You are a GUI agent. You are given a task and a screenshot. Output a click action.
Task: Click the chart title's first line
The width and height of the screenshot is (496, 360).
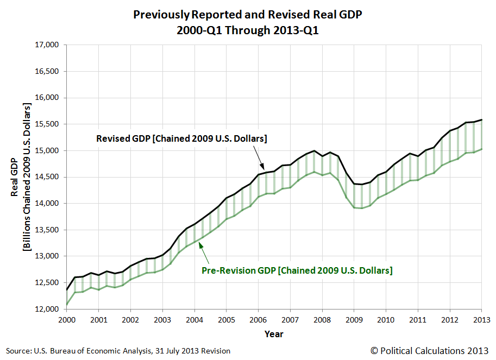coord(247,15)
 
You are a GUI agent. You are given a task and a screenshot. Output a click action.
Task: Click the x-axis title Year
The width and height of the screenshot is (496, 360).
coord(274,334)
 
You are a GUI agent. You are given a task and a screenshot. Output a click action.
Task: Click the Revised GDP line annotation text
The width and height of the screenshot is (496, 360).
coord(181,138)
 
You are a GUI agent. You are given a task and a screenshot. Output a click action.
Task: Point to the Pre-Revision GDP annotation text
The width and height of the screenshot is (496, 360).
coord(297,270)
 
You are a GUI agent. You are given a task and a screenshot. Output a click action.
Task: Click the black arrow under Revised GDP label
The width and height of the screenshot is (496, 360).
coord(260,161)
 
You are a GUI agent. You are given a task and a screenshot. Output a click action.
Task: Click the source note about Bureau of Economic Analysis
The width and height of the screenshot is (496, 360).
coord(118,351)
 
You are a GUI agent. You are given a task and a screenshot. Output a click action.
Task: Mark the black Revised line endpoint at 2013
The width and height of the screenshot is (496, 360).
coord(481,120)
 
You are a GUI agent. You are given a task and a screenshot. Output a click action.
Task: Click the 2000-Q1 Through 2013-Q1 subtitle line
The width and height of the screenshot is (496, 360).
coord(247,30)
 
